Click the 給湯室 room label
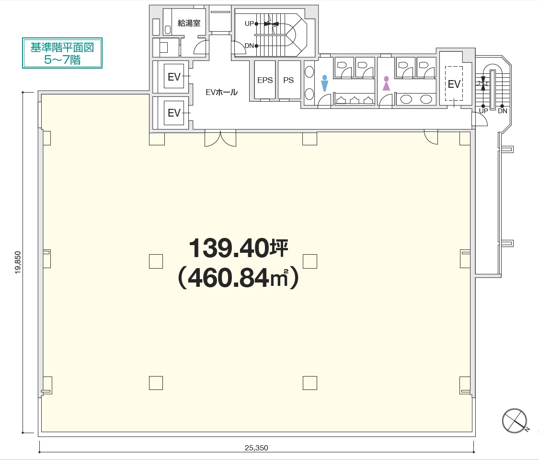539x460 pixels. pos(189,23)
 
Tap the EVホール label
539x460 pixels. pos(221,92)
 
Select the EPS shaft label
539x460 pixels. pos(265,80)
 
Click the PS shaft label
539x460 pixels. pos(288,80)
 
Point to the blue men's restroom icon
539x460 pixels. pos(324,83)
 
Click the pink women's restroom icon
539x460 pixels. pos(386,83)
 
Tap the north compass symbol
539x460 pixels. pos(515,421)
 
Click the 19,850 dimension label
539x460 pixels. pos(18,262)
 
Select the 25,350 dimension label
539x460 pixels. pos(256,448)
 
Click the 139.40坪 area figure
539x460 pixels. pos(239,248)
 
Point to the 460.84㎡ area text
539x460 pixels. pos(238,278)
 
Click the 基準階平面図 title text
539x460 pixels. pos(62,47)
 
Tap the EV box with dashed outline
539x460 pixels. pos(454,83)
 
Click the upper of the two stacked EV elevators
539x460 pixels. pos(174,77)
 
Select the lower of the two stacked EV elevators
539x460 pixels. pos(174,113)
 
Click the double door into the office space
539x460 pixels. pos(220,138)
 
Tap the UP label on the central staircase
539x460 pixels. pos(249,24)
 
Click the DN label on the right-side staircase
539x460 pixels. pos(503,111)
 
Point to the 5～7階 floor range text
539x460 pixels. pos(62,60)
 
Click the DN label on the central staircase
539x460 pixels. pos(249,46)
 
